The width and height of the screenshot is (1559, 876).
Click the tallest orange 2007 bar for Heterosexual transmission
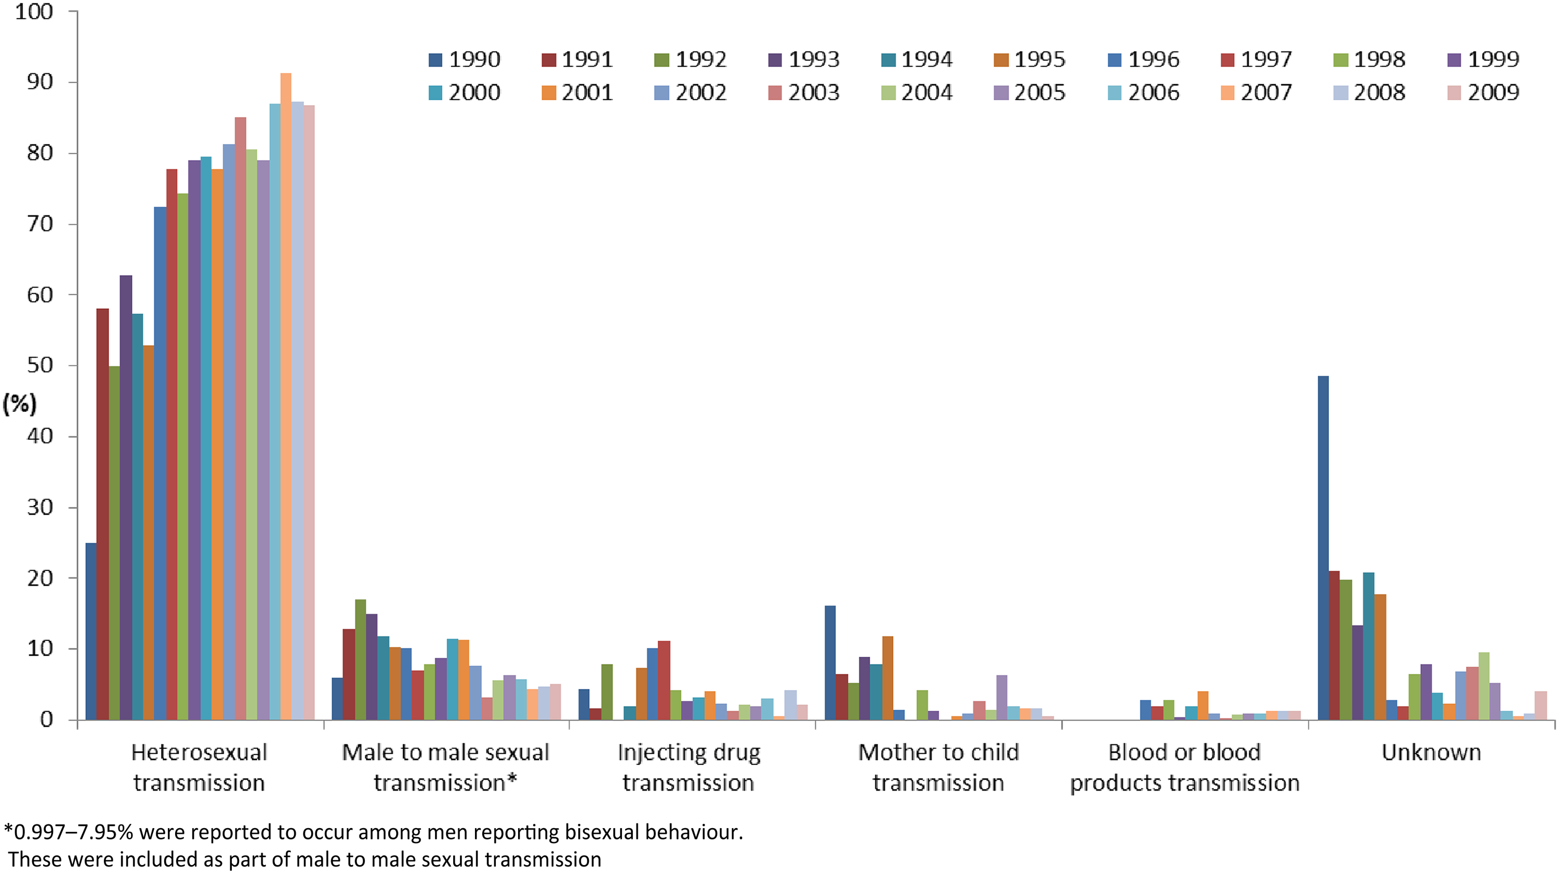click(x=286, y=397)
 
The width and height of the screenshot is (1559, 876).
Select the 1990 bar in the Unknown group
click(x=1323, y=548)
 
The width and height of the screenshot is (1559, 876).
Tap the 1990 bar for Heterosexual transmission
click(x=91, y=632)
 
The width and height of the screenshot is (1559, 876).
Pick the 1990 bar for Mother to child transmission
click(x=830, y=663)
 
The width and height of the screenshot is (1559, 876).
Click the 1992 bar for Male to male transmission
click(x=360, y=659)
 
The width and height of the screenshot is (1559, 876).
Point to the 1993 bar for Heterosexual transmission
click(x=126, y=498)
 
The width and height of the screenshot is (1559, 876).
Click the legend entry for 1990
click(x=464, y=59)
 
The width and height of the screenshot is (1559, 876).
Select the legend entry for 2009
click(x=1483, y=93)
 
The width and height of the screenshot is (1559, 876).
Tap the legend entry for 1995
click(x=1029, y=59)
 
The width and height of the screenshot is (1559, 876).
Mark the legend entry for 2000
click(x=464, y=93)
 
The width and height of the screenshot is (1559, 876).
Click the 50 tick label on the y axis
click(x=40, y=365)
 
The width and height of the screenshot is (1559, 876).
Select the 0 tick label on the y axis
click(x=47, y=719)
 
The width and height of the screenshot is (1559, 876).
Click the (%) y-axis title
click(x=20, y=404)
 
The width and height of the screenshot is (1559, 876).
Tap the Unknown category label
click(x=1431, y=752)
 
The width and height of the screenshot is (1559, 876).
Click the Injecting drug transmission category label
click(x=689, y=768)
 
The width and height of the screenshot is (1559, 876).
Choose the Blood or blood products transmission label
click(x=1184, y=768)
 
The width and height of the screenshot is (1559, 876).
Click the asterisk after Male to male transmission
click(x=512, y=779)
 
